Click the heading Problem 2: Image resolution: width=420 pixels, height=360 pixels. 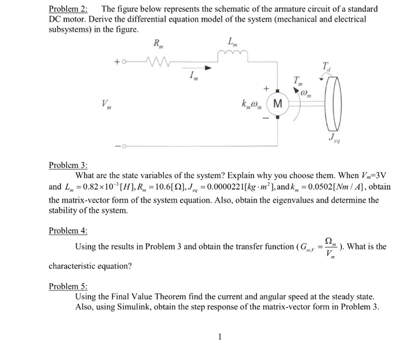click(x=68, y=9)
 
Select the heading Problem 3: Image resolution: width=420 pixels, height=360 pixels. click(x=68, y=165)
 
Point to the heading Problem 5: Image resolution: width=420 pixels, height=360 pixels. click(x=68, y=286)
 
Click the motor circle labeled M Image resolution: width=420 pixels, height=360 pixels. click(x=276, y=105)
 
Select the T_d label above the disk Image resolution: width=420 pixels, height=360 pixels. click(x=326, y=66)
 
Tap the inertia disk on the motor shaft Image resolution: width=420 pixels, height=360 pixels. click(x=332, y=105)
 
